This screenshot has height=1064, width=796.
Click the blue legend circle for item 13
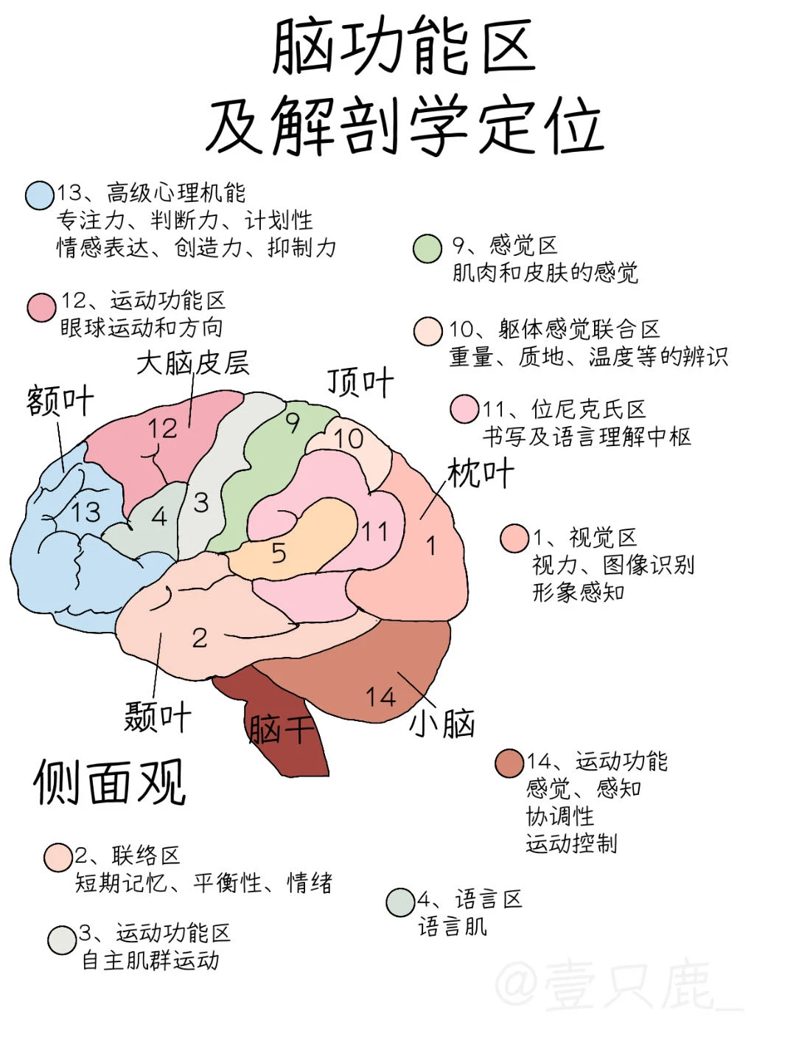39,195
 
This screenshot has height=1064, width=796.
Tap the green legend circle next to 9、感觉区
427,248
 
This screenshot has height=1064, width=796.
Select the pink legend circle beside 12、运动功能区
42,307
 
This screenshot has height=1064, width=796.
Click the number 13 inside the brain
85,511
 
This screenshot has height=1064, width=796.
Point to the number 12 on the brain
162,428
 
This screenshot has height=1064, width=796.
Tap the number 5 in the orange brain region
279,552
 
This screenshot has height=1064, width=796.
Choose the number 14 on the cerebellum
380,696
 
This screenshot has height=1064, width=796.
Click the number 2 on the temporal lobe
200,638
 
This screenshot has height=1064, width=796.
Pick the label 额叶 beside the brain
60,401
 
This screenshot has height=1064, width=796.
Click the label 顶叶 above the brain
360,383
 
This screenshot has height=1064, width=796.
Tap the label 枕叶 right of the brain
481,473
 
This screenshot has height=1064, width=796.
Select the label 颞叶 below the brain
157,716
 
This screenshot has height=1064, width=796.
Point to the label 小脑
442,723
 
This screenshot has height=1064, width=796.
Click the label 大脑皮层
193,363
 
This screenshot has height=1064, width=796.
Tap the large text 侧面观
109,782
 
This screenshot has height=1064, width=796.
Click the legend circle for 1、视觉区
514,538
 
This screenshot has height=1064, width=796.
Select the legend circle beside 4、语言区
400,902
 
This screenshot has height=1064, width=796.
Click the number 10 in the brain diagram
349,439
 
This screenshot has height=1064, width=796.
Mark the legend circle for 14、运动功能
509,763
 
